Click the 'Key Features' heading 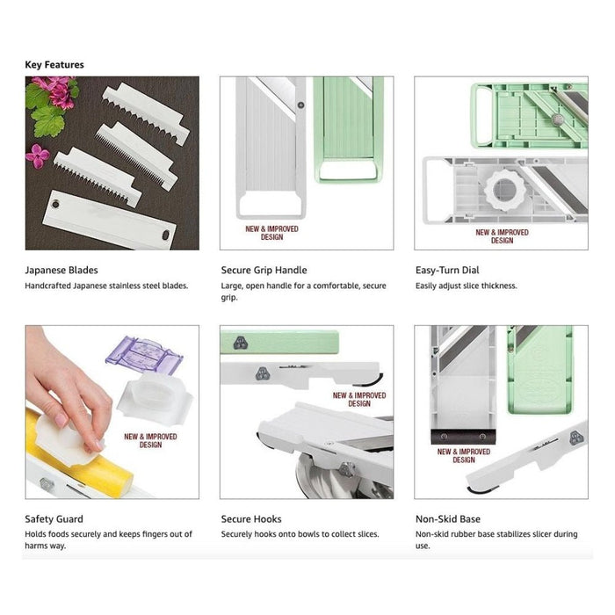(54, 65)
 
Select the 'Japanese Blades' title (61, 270)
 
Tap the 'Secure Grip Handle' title (264, 270)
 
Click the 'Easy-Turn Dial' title (447, 270)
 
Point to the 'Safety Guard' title (54, 519)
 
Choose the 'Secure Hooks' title (251, 519)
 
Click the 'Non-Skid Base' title (448, 519)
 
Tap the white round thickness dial (505, 190)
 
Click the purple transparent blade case (144, 355)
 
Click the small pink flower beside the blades (38, 156)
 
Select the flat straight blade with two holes (110, 220)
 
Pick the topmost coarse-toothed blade (146, 113)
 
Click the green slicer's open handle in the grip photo (348, 171)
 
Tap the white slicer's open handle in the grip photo (271, 205)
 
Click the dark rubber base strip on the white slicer (463, 437)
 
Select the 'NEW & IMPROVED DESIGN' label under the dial (502, 236)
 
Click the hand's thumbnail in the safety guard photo (61, 421)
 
